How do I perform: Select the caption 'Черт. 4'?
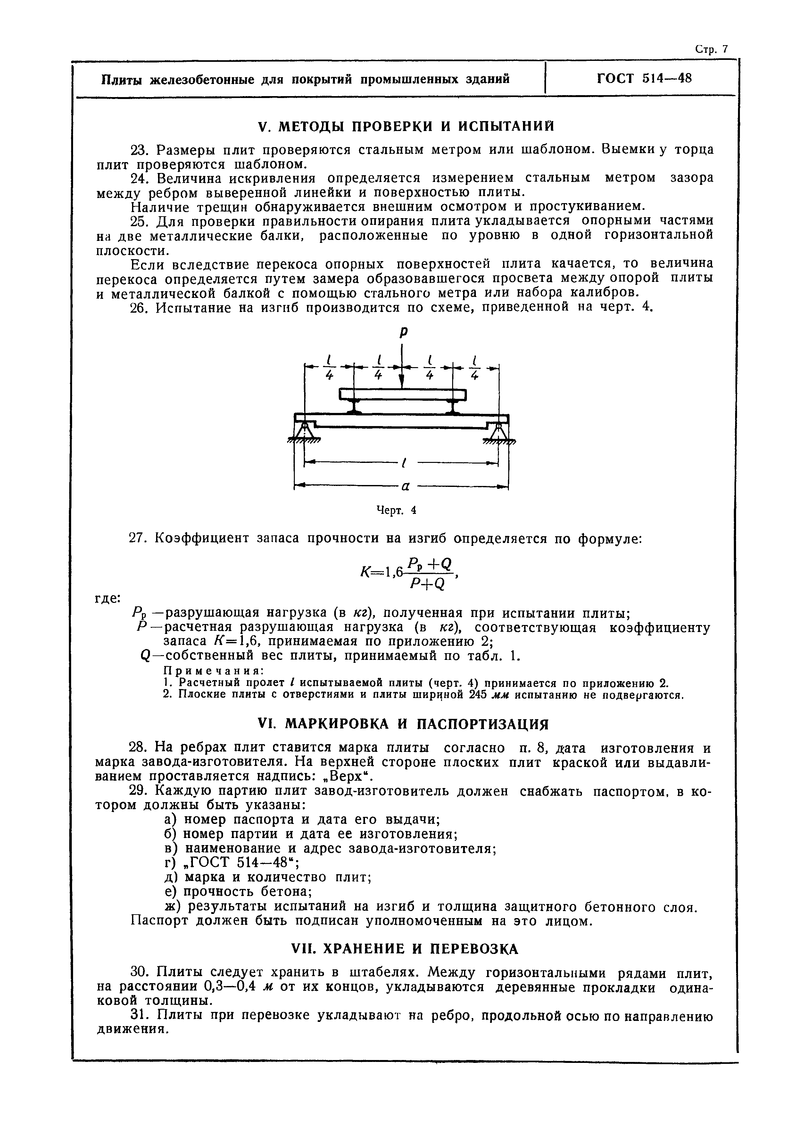click(396, 510)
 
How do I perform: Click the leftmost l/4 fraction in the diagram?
click(329, 367)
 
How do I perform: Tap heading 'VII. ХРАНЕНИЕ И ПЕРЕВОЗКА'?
click(405, 949)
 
